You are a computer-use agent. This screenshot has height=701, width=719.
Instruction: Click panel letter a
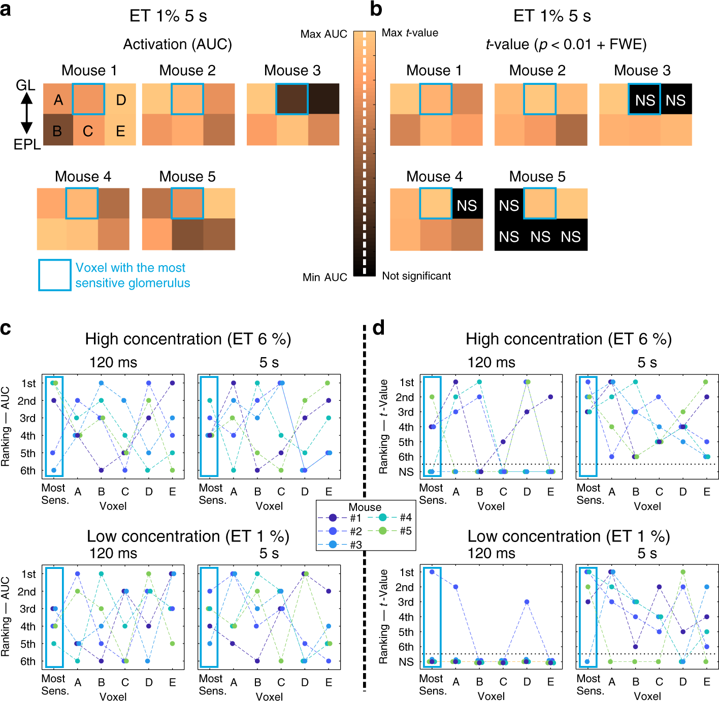[6, 10]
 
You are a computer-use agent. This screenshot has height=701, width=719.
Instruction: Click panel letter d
[379, 329]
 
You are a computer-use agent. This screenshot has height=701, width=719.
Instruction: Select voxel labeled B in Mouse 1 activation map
[57, 131]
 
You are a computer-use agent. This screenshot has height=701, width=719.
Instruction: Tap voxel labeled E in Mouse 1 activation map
[120, 131]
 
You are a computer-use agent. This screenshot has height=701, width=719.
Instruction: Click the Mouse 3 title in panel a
[292, 71]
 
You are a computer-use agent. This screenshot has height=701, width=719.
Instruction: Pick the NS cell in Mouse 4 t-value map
[467, 205]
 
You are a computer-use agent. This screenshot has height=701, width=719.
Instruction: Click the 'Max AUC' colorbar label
[323, 34]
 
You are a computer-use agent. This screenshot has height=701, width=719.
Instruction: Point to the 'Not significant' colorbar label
[416, 276]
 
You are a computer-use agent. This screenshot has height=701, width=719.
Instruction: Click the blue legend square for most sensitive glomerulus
[54, 275]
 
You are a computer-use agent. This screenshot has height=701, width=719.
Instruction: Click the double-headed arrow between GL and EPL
[26, 113]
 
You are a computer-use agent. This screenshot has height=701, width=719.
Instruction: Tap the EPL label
[27, 144]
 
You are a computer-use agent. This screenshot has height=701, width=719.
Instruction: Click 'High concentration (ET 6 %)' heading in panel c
[188, 339]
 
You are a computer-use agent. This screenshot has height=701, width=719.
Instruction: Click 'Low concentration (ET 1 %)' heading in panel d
[568, 536]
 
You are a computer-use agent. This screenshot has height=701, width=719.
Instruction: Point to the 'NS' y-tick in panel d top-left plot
[406, 472]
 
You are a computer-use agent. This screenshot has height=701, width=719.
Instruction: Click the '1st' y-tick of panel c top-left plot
[28, 383]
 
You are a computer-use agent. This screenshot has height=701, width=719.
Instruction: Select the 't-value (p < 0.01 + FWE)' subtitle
[566, 44]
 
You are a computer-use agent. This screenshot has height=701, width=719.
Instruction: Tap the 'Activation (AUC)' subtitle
[177, 44]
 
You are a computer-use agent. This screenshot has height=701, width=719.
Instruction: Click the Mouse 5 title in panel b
[537, 176]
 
